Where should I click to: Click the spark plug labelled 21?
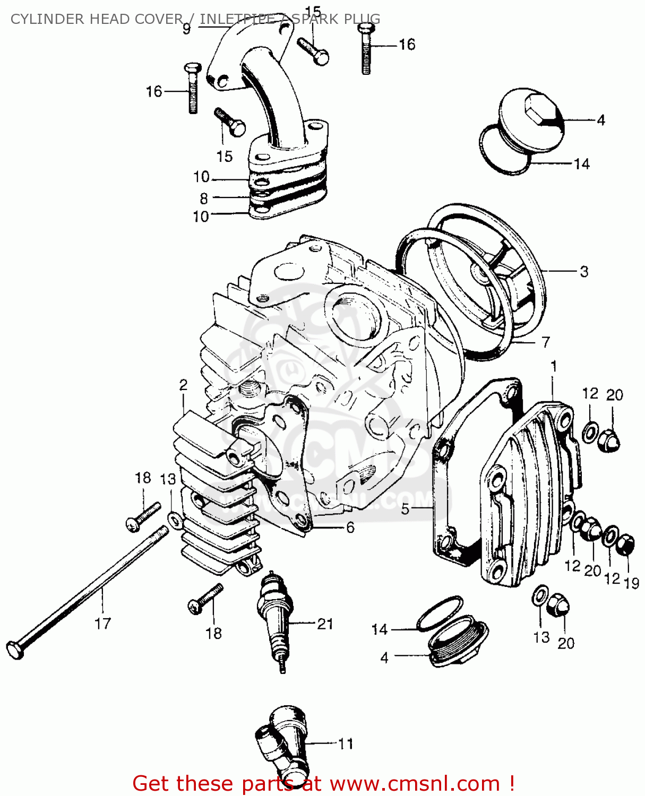coord(275,616)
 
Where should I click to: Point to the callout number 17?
coord(102,624)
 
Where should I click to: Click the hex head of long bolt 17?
coord(15,650)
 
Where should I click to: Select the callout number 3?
coord(584,272)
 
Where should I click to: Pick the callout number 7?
coord(546,342)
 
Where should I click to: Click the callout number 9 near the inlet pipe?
coord(186,29)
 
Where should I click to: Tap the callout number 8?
coord(203,198)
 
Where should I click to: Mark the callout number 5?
coord(405,509)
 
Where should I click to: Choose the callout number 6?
coord(350,527)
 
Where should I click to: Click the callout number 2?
coord(183,385)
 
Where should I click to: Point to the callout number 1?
coord(554,367)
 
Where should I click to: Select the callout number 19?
coord(631,583)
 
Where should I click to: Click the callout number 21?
coord(325,624)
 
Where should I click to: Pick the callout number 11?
coord(346,744)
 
